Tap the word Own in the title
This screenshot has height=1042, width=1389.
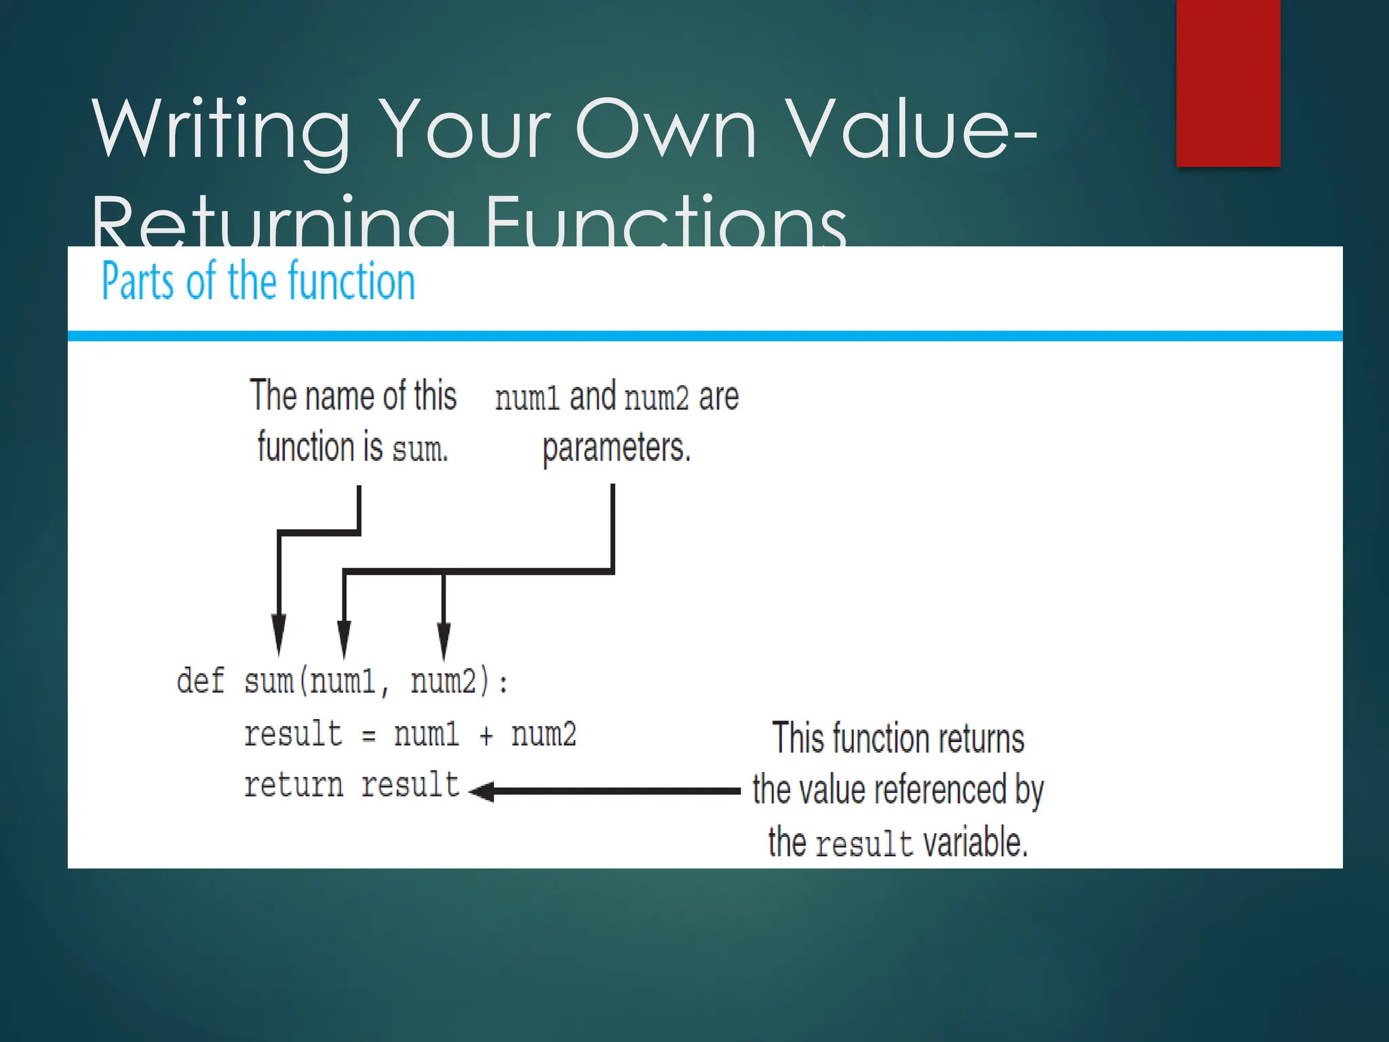click(665, 129)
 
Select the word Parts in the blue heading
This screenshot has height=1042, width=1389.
click(139, 282)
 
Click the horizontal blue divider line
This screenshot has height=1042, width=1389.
click(705, 336)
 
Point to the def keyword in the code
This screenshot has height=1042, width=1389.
click(200, 680)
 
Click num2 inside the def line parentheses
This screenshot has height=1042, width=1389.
click(444, 680)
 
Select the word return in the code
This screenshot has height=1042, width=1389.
click(293, 786)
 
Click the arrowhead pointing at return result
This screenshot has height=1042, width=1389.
click(482, 791)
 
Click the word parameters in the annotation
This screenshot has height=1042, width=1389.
click(616, 448)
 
